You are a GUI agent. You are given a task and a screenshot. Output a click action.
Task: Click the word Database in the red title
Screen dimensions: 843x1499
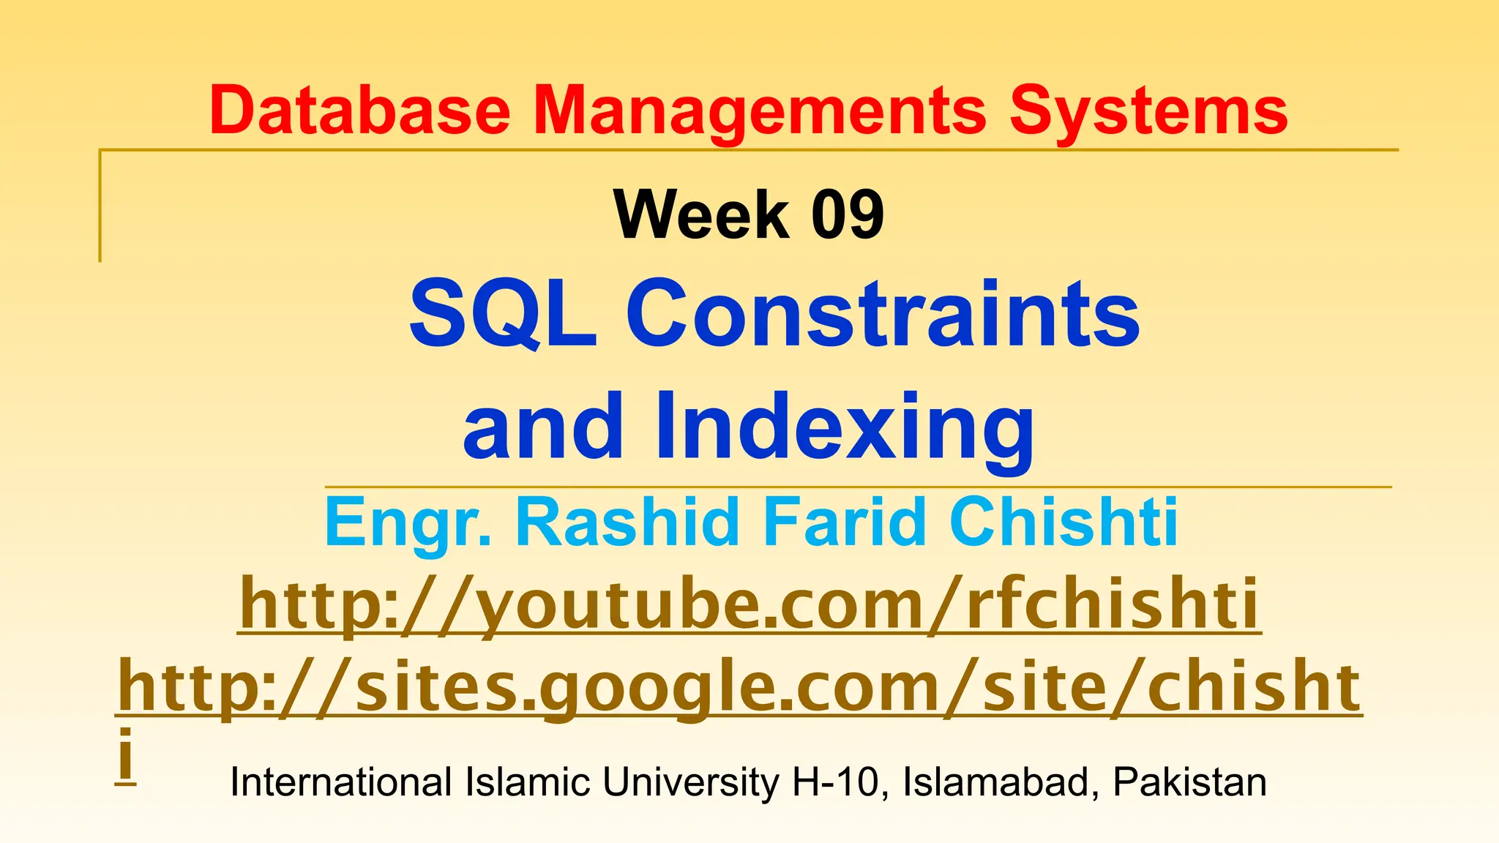pyautogui.click(x=359, y=111)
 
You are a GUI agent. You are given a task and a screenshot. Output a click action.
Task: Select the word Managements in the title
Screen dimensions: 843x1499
pyautogui.click(x=760, y=111)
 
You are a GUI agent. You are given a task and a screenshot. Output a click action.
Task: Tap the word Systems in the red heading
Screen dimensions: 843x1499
pyautogui.click(x=1148, y=111)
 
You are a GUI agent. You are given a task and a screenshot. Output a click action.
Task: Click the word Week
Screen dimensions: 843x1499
pyautogui.click(x=702, y=214)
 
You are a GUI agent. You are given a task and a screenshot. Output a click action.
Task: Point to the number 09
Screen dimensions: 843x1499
pyautogui.click(x=848, y=214)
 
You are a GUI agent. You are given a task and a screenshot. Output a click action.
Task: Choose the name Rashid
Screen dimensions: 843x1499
pyautogui.click(x=627, y=522)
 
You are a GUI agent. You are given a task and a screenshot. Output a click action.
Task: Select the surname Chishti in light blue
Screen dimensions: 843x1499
pyautogui.click(x=1063, y=522)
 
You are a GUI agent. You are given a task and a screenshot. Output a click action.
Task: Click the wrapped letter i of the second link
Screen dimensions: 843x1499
pyautogui.click(x=126, y=754)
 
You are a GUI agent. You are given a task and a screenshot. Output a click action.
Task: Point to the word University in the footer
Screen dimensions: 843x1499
pyautogui.click(x=691, y=782)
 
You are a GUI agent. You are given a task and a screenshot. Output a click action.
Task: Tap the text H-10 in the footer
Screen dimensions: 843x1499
pyautogui.click(x=835, y=782)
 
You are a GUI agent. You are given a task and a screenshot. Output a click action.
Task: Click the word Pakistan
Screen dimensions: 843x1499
pyautogui.click(x=1189, y=782)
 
